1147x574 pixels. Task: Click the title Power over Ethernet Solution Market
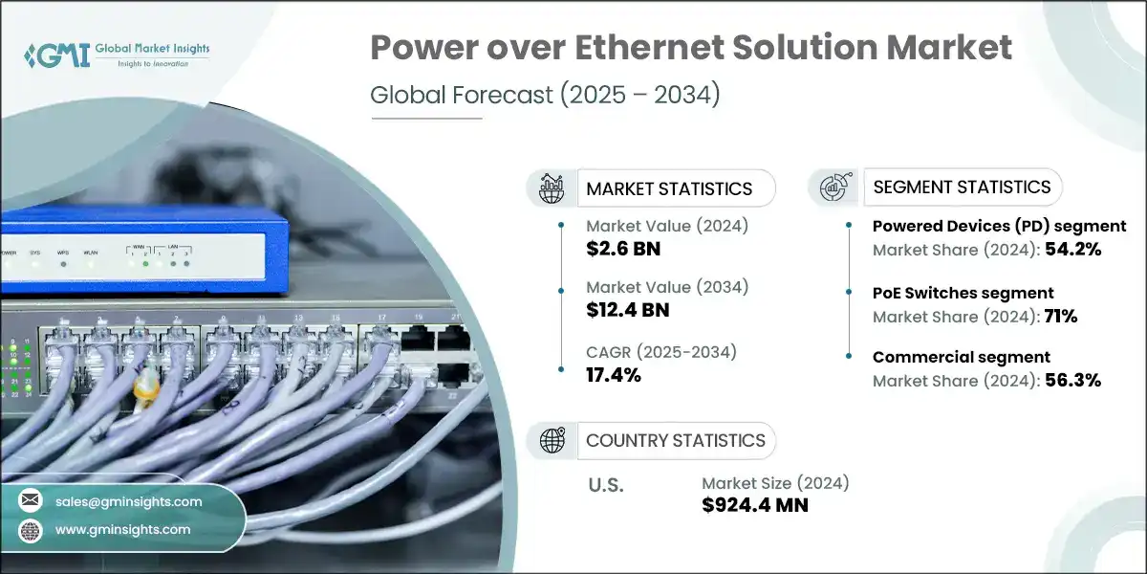tap(691, 49)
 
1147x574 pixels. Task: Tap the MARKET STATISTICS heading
tap(669, 188)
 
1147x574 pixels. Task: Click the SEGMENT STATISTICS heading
tap(962, 187)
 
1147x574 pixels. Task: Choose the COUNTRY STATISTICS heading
tap(675, 440)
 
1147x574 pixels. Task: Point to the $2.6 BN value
tap(623, 250)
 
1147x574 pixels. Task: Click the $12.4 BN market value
tap(628, 309)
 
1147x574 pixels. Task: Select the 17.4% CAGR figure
tap(613, 374)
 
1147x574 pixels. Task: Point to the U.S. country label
tap(605, 485)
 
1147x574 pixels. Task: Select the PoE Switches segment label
tap(963, 293)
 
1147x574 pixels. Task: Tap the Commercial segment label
tap(961, 357)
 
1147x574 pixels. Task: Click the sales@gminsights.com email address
tap(129, 501)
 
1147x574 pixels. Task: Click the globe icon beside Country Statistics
tap(552, 440)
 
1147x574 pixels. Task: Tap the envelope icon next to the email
tap(31, 501)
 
